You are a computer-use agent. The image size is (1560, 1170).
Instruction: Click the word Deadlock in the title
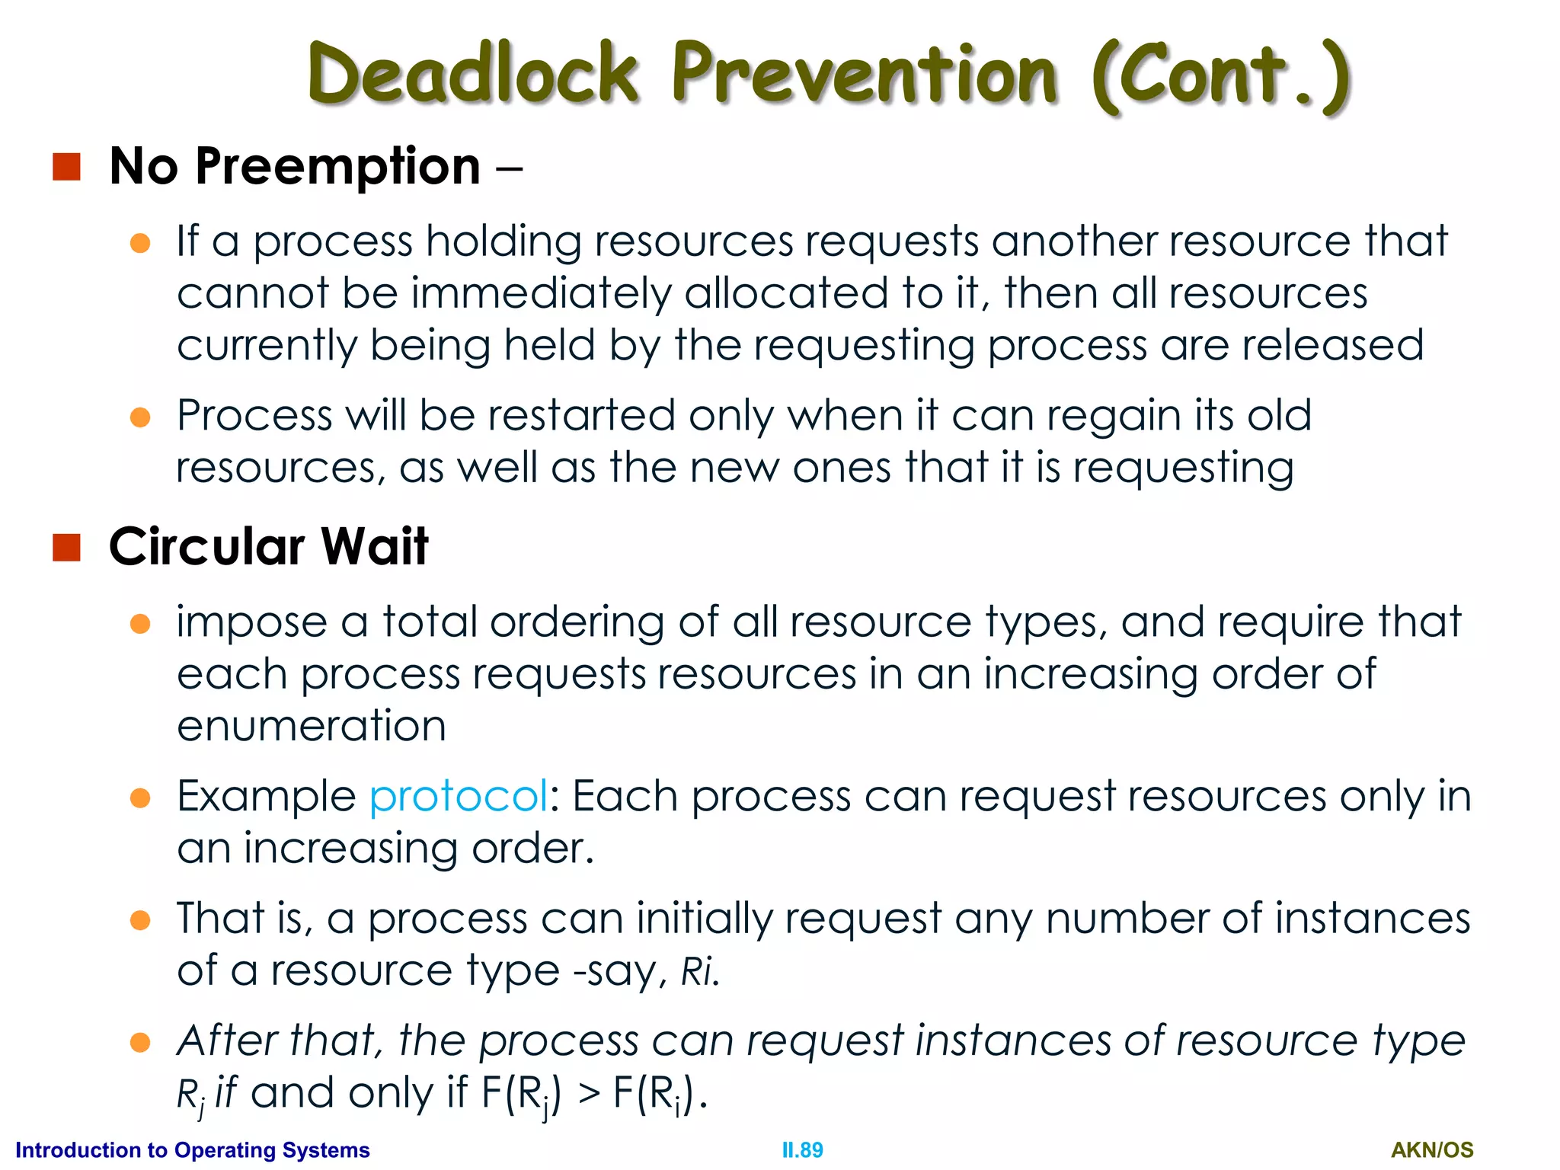pyautogui.click(x=472, y=74)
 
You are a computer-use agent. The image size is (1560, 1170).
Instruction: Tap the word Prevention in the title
pyautogui.click(x=865, y=74)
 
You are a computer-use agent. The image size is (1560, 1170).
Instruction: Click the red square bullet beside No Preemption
pyautogui.click(x=67, y=167)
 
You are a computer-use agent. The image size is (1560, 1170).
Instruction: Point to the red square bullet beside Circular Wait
pyautogui.click(x=67, y=547)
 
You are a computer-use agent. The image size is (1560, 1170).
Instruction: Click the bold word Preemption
pyautogui.click(x=337, y=167)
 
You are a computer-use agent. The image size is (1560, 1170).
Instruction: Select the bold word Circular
pyautogui.click(x=206, y=547)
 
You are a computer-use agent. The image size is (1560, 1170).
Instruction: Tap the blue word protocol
pyautogui.click(x=458, y=797)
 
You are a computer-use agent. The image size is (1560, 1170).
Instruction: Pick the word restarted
pyautogui.click(x=581, y=416)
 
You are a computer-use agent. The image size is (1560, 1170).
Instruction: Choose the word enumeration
pyautogui.click(x=312, y=726)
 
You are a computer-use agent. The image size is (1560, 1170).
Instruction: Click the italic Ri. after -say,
pyautogui.click(x=699, y=971)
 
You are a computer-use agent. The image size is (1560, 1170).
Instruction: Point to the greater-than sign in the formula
pyautogui.click(x=588, y=1094)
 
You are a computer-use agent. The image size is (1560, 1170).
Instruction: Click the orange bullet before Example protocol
pyautogui.click(x=140, y=798)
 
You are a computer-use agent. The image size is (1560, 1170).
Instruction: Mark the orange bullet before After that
pyautogui.click(x=140, y=1042)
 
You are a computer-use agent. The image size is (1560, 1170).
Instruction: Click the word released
pyautogui.click(x=1333, y=346)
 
